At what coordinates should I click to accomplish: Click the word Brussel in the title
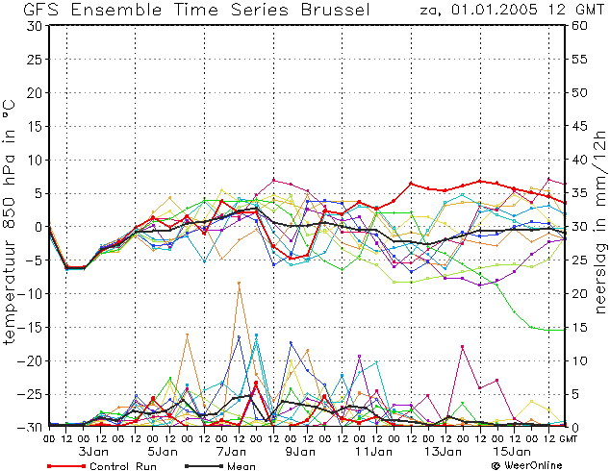pyautogui.click(x=336, y=10)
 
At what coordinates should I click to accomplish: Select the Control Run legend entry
pyautogui.click(x=102, y=466)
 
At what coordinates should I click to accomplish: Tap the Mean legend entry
pyautogui.click(x=220, y=466)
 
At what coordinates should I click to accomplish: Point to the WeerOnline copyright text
pyautogui.click(x=527, y=465)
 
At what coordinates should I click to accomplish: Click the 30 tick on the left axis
pyautogui.click(x=36, y=26)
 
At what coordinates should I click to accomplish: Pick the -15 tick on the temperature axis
pyautogui.click(x=31, y=327)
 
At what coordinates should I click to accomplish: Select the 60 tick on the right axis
pyautogui.click(x=579, y=26)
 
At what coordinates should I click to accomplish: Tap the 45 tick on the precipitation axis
pyautogui.click(x=579, y=126)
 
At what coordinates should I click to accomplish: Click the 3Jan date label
pyautogui.click(x=93, y=452)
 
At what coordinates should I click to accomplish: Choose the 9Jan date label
pyautogui.click(x=300, y=452)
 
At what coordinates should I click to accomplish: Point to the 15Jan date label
pyautogui.click(x=512, y=452)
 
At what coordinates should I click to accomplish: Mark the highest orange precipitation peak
pyautogui.click(x=239, y=283)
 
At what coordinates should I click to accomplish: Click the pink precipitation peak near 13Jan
pyautogui.click(x=462, y=346)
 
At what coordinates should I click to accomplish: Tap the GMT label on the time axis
pyautogui.click(x=567, y=438)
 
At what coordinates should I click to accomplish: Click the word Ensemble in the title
pyautogui.click(x=116, y=10)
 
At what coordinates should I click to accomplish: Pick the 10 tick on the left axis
pyautogui.click(x=36, y=160)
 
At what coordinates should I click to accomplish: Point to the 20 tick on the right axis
pyautogui.click(x=579, y=294)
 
